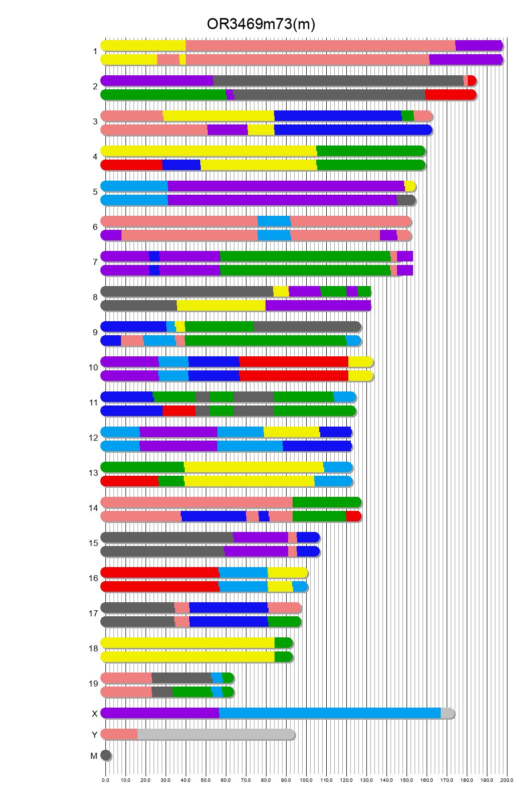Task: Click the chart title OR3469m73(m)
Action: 260,24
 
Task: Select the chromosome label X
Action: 94,714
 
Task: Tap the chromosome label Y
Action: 94,735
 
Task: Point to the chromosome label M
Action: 94,756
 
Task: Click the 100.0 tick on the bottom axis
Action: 306,780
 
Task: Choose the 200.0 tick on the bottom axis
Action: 507,780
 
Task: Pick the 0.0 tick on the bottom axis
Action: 105,780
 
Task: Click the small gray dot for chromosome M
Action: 105,755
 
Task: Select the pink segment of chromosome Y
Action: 119,734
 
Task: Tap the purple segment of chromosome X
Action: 160,713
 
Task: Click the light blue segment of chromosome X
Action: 329,713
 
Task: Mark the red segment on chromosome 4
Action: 132,165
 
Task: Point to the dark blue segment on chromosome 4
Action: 181,165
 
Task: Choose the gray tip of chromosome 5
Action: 406,200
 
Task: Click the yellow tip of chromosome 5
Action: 410,186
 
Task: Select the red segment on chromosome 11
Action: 179,411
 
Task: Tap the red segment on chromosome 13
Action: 129,481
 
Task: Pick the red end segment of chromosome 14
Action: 353,516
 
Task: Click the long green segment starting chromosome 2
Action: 163,95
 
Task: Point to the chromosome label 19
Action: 93,684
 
